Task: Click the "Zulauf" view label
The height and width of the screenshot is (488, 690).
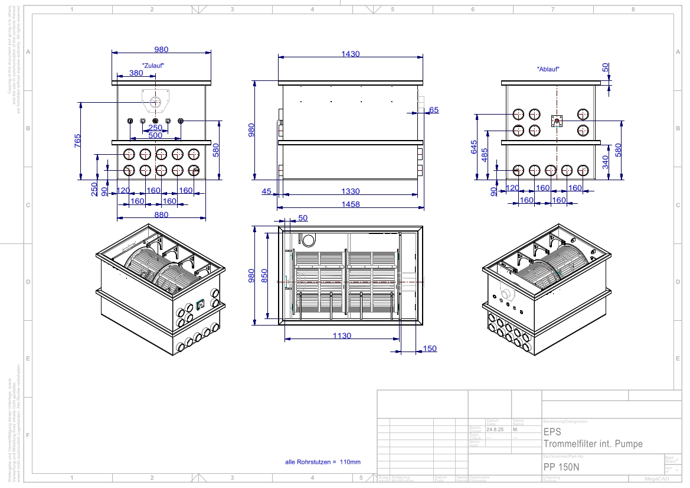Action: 153,65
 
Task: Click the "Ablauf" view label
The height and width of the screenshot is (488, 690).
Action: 548,69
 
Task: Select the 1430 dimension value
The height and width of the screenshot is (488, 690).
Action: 351,54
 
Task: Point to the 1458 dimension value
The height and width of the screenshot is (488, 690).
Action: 351,204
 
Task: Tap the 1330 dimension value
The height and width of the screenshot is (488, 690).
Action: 351,191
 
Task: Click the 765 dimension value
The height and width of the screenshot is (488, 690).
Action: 77,142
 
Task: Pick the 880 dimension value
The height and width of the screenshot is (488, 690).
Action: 161,215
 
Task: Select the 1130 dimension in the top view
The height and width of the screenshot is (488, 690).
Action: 341,336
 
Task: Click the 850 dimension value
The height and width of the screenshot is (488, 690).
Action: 265,276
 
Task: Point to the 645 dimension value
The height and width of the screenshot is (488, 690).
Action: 475,147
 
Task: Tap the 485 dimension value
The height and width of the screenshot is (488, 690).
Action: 485,154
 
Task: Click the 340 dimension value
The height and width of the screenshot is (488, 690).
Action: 606,161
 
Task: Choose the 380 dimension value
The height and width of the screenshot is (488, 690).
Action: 136,73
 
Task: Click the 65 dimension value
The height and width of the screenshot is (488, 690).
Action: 434,110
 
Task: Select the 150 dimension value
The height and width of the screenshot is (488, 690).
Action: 430,349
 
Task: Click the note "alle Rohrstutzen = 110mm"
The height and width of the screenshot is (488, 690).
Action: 322,462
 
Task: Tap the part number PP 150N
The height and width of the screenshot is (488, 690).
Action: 561,466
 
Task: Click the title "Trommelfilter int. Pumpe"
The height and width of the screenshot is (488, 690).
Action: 593,444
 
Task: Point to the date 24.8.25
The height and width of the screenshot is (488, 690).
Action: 494,429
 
